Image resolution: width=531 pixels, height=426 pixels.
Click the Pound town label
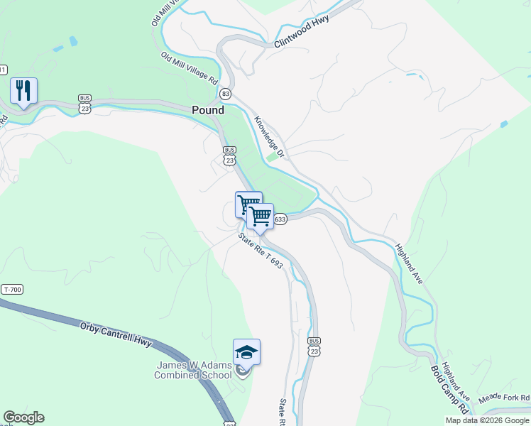click(208, 110)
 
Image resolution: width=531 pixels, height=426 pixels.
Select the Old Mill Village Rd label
click(189, 70)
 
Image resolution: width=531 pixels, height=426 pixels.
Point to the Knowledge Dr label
click(270, 137)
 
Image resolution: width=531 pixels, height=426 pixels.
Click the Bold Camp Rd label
click(449, 390)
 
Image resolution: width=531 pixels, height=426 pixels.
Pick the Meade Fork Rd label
click(504, 398)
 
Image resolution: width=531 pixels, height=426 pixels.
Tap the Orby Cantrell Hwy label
click(116, 332)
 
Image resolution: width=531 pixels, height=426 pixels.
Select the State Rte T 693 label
click(261, 251)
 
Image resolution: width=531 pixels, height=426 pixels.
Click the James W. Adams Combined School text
click(194, 370)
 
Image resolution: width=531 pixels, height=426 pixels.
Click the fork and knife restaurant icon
click(23, 90)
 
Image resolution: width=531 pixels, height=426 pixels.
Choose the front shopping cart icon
click(261, 216)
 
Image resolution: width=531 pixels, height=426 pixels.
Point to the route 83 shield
click(226, 94)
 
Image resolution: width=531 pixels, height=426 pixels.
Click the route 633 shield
click(280, 219)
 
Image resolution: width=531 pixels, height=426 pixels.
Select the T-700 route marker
click(13, 290)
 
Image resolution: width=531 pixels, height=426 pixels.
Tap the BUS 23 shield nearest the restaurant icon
click(85, 104)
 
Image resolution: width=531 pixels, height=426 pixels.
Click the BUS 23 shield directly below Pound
click(229, 155)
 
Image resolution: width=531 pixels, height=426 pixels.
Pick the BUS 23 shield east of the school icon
click(314, 346)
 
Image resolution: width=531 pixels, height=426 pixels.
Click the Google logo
click(23, 417)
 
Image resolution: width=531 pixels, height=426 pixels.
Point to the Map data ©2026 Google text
click(486, 420)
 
